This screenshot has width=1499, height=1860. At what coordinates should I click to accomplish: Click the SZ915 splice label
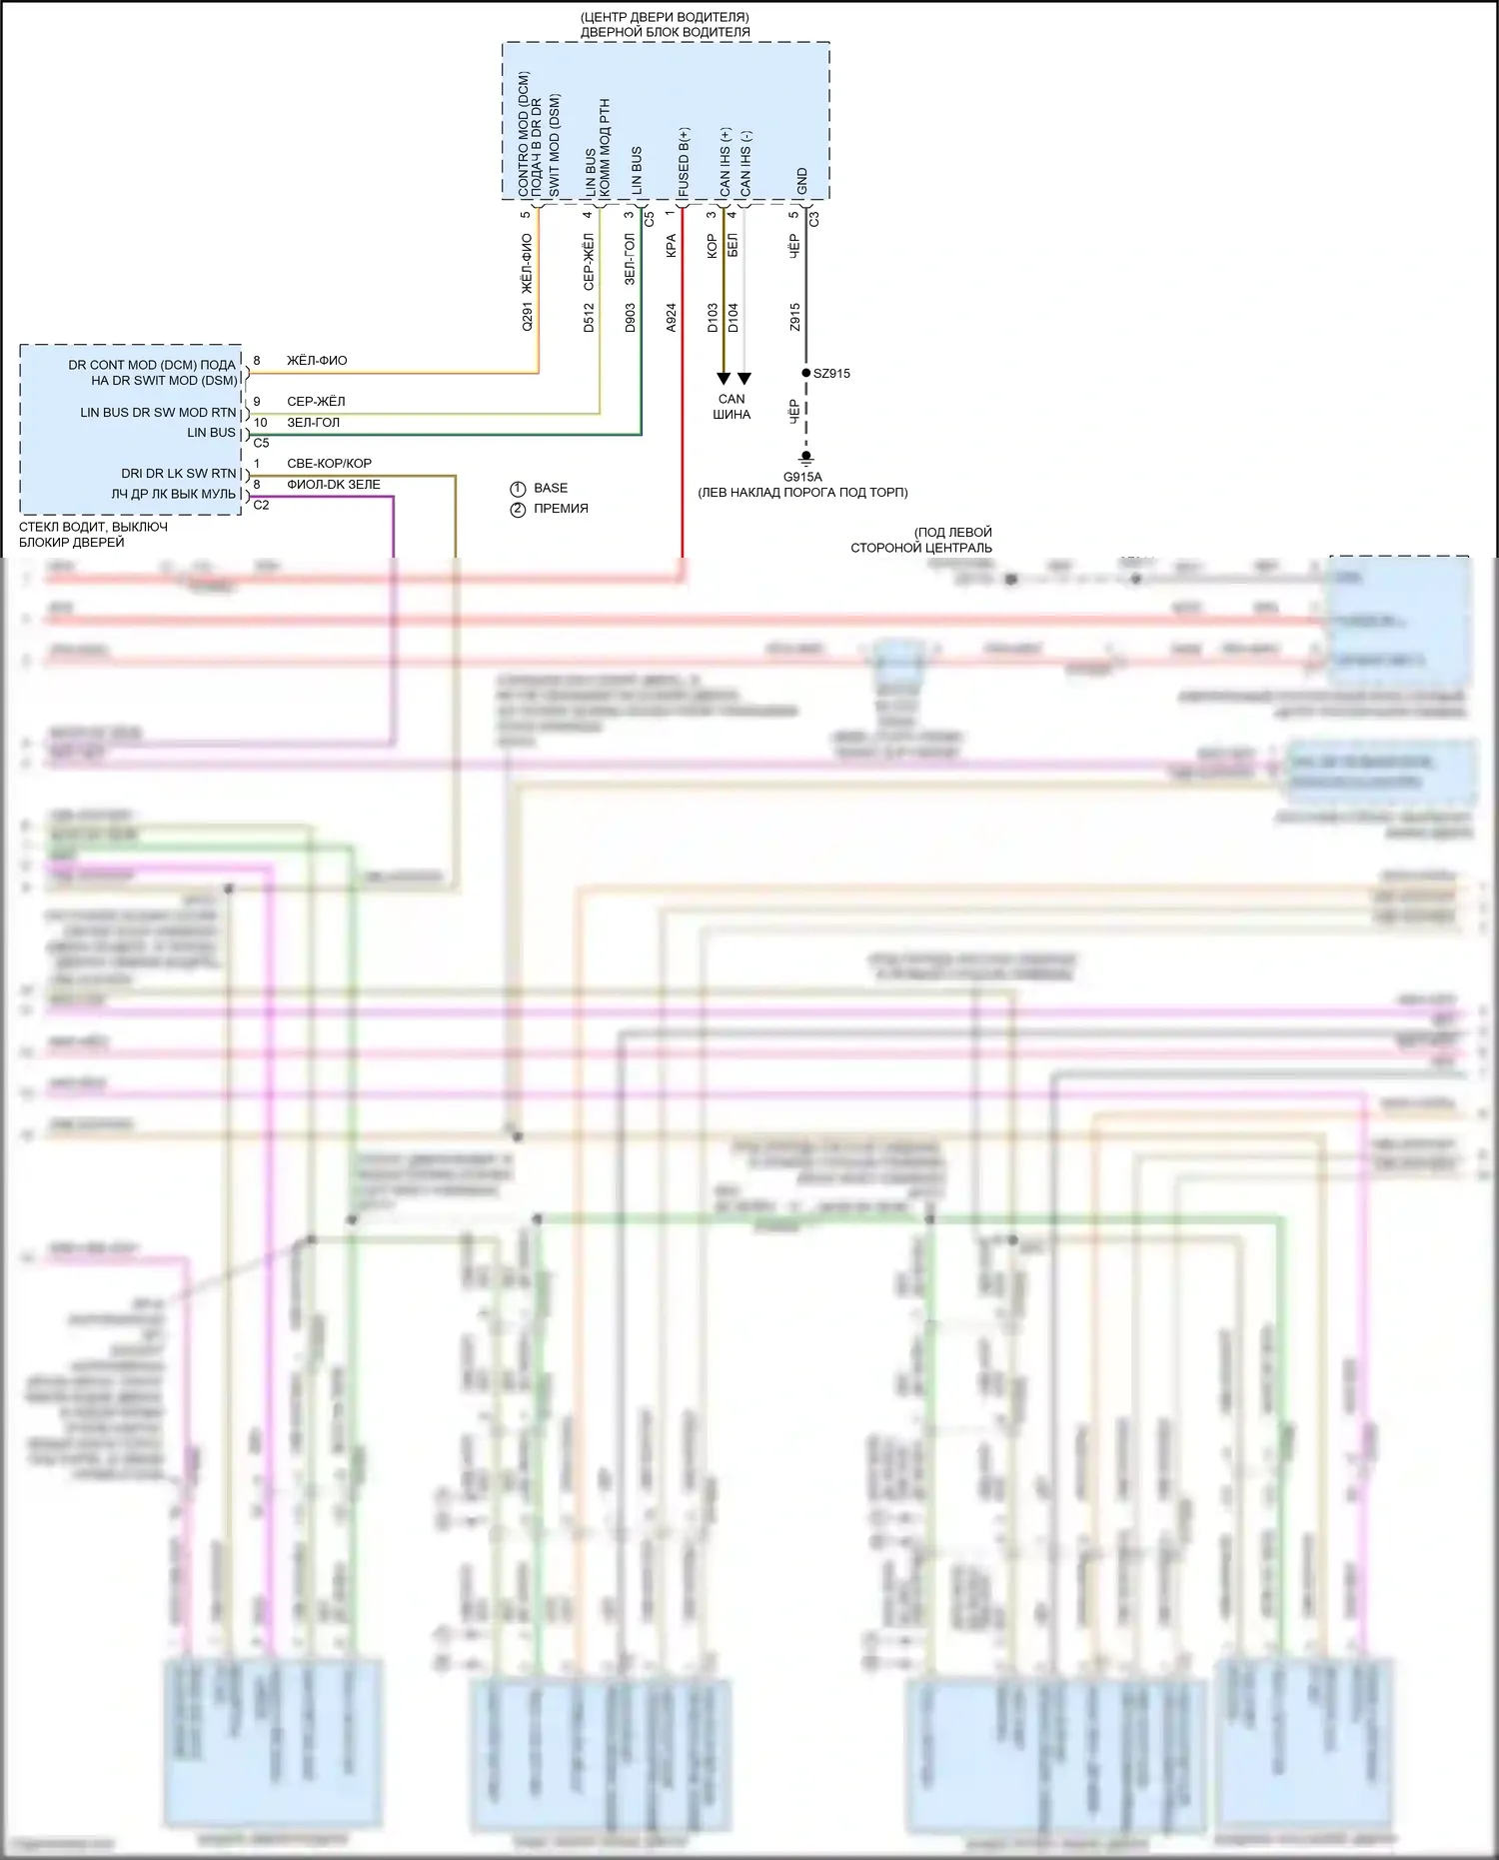coord(831,374)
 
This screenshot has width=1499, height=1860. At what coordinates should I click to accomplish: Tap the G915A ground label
coord(802,477)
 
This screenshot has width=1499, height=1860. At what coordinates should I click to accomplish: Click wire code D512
coord(589,318)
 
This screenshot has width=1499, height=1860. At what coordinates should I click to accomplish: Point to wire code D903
coord(630,318)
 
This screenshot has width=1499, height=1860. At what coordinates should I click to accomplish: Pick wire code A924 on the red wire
coord(671,318)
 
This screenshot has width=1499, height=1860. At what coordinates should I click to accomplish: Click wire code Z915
coord(794,318)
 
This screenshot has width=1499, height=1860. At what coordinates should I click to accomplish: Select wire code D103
coord(712,318)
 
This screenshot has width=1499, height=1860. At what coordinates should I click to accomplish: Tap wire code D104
coord(733,318)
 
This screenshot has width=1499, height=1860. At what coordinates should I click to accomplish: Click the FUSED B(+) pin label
coord(684,163)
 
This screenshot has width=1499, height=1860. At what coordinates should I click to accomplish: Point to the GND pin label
coord(801,182)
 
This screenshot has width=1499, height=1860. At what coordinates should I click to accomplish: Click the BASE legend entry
coord(550,488)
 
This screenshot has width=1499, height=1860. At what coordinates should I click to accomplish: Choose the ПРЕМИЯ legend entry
coord(560,509)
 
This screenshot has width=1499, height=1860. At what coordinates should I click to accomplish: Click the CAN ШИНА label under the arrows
coord(732,407)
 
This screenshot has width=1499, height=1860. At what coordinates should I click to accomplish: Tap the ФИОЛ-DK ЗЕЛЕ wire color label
coord(333,485)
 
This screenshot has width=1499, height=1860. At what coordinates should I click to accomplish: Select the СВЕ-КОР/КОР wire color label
coord(329,464)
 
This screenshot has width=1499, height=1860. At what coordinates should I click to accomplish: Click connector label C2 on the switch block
coord(261,506)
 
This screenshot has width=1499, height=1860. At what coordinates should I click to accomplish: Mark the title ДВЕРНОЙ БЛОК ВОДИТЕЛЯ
coord(665,32)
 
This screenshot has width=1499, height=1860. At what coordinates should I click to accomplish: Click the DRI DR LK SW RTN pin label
coord(179,474)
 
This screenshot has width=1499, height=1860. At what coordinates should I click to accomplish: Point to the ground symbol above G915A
coord(806,458)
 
